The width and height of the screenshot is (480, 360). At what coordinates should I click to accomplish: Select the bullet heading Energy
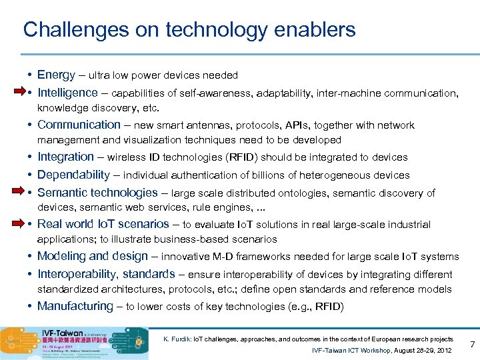point(56,75)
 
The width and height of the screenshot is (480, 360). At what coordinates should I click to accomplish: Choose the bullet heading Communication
point(79,125)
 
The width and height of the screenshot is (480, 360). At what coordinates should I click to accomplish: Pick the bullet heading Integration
point(65,157)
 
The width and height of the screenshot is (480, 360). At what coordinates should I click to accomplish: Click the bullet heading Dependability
point(73,175)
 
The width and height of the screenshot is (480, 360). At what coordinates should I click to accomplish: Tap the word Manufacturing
point(75,306)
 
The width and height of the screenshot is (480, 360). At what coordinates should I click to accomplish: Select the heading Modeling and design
point(93,256)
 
